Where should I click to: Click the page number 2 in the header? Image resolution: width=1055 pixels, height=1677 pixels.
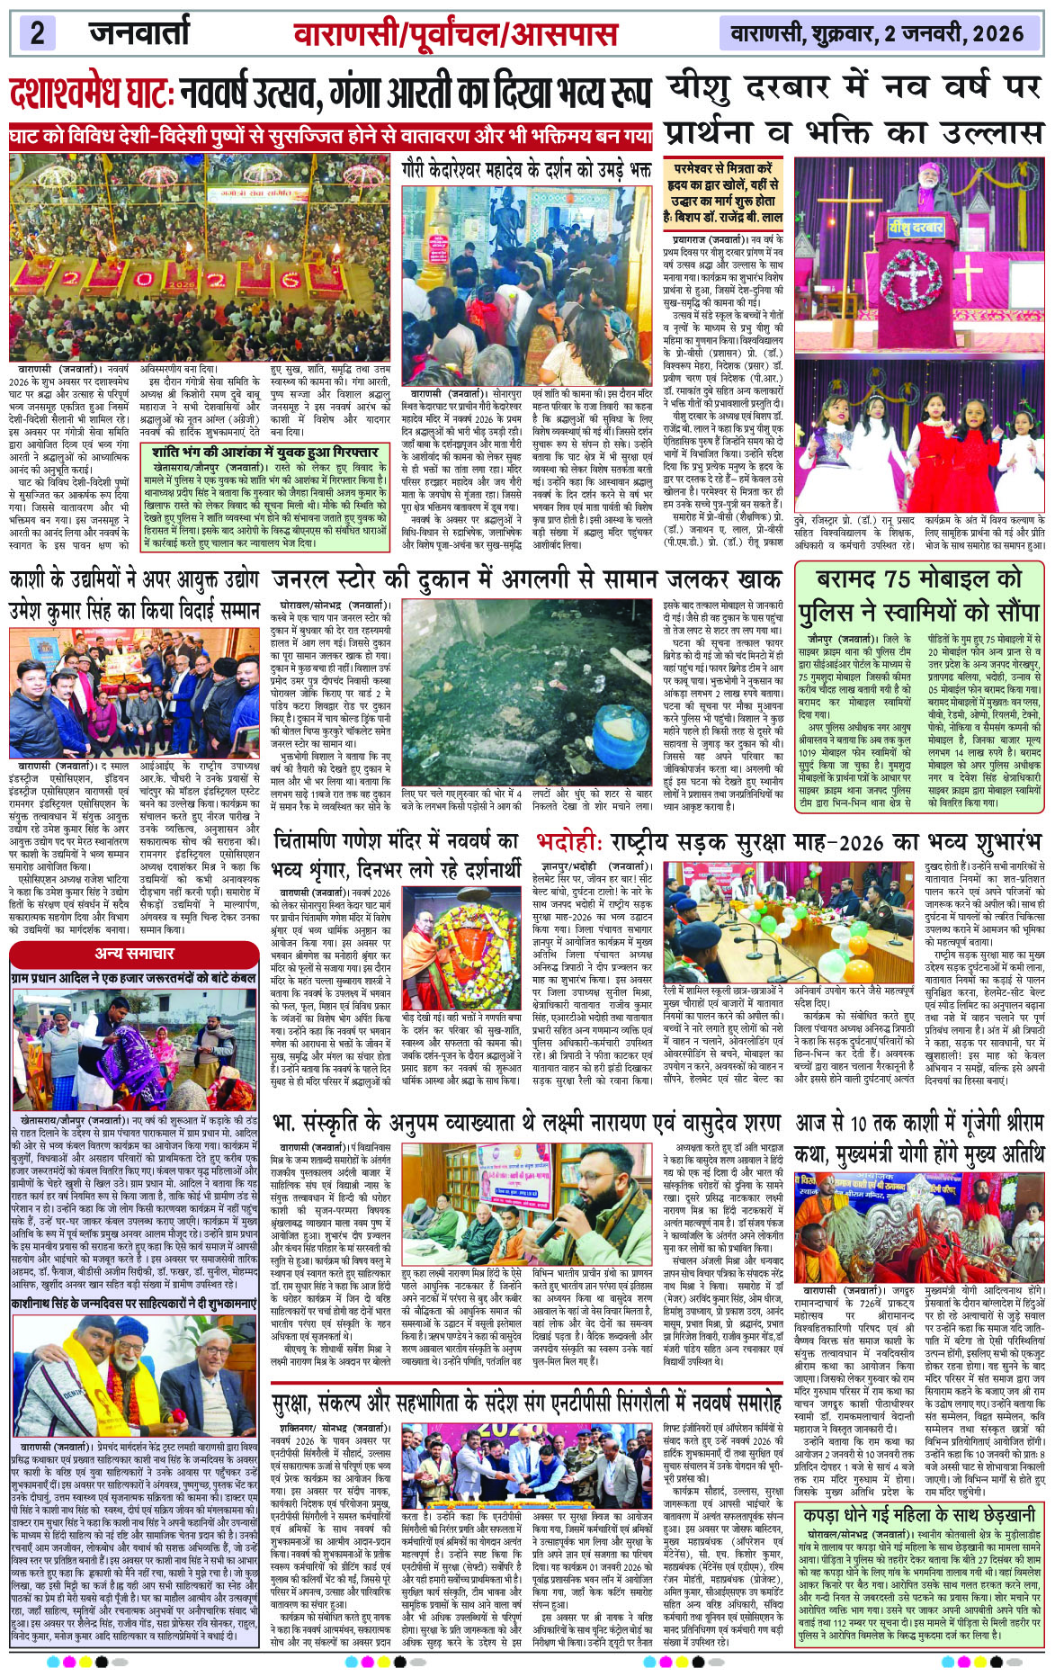(37, 33)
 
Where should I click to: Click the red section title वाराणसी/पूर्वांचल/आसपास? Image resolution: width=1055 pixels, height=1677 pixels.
(455, 35)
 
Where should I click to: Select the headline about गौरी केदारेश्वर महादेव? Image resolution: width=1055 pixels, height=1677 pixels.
(526, 168)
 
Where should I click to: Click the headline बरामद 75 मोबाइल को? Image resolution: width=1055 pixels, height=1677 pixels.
(919, 579)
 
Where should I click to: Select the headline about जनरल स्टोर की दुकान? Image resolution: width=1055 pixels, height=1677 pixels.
(527, 578)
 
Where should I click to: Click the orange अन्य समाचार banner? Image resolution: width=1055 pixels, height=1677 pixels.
(135, 953)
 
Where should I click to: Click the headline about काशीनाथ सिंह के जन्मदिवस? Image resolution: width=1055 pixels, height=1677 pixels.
(134, 1303)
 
